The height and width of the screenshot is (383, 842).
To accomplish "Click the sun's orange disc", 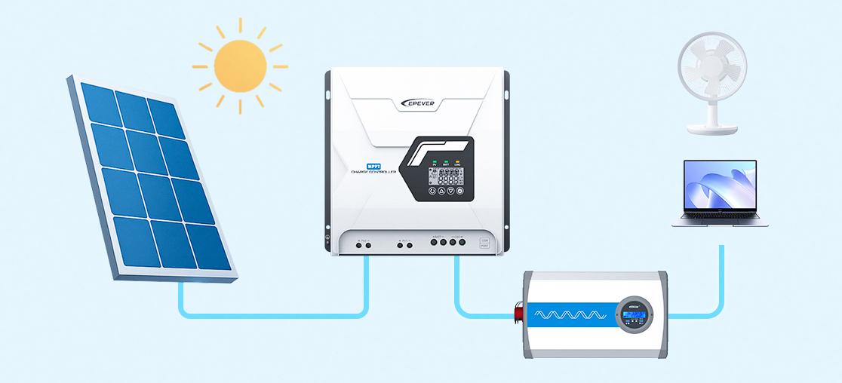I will (239, 66).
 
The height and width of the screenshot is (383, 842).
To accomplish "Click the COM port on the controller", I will (484, 243).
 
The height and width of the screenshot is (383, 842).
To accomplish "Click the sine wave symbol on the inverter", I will (567, 312).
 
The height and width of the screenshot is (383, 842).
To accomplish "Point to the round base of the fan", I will (711, 129).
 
